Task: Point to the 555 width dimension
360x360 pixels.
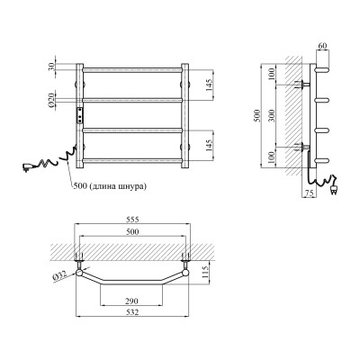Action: [x=133, y=220]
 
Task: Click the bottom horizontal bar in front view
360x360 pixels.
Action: [x=133, y=160]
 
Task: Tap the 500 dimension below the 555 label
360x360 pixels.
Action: [x=133, y=232]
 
